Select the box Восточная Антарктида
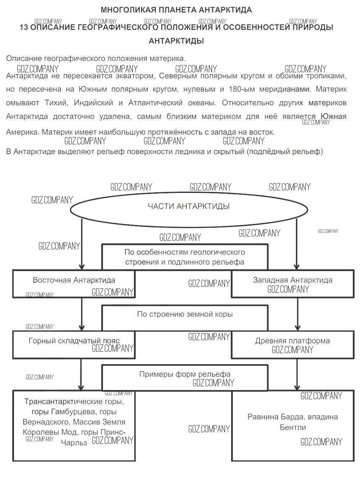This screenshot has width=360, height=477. point(74,284)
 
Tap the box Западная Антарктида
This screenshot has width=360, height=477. point(292,284)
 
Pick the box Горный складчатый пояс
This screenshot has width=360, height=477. point(74,345)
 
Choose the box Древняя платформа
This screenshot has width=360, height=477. point(292,345)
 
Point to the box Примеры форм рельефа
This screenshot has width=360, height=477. point(185,378)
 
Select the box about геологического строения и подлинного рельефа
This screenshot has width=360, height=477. point(185,257)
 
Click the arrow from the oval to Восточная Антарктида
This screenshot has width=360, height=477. point(82,245)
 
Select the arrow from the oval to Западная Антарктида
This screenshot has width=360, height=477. point(297,245)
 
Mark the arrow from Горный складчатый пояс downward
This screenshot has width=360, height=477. point(81,374)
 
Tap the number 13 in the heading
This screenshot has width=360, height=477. point(24,27)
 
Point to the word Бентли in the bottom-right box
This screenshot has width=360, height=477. point(293,428)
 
